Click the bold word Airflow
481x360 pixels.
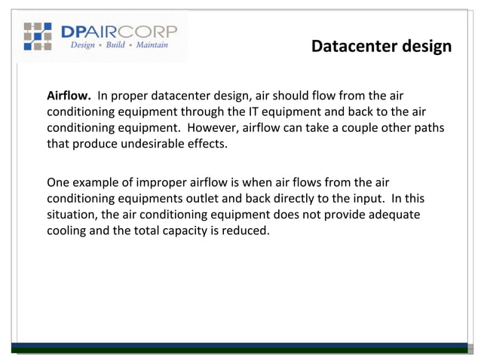69,96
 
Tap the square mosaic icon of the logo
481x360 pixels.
37,36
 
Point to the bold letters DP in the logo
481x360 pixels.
78,31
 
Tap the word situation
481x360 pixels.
73,215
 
